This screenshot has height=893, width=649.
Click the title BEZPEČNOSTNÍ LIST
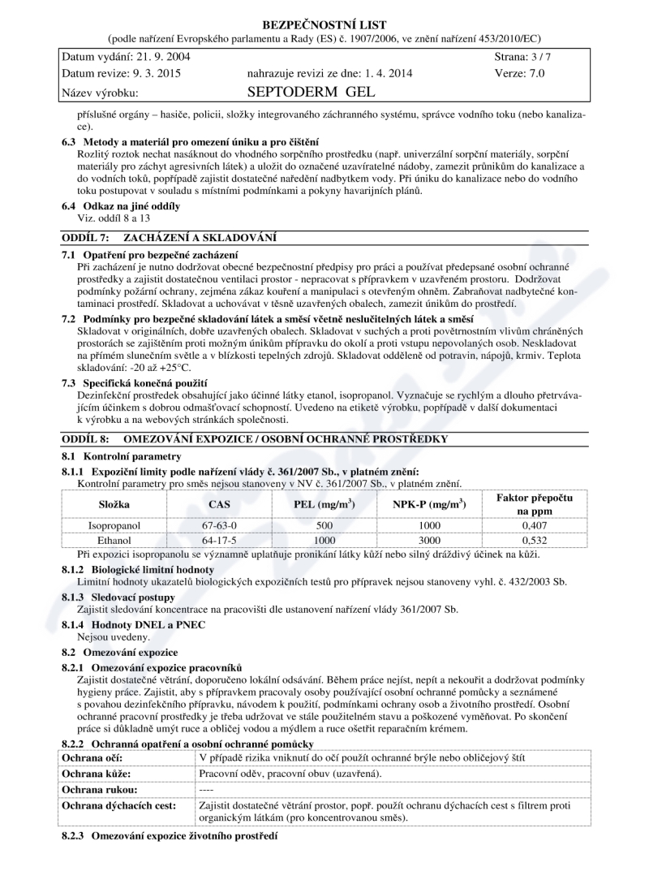tap(324, 25)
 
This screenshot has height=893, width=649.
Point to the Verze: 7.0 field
tap(519, 73)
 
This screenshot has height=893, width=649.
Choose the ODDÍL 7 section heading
tap(169, 237)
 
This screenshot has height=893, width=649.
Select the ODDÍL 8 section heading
tap(254, 438)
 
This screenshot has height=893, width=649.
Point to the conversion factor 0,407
tap(534, 525)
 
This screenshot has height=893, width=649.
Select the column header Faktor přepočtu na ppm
tap(534, 504)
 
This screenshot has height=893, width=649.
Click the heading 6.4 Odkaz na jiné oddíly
tap(121, 206)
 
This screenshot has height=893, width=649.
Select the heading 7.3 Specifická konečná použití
tap(135, 382)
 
